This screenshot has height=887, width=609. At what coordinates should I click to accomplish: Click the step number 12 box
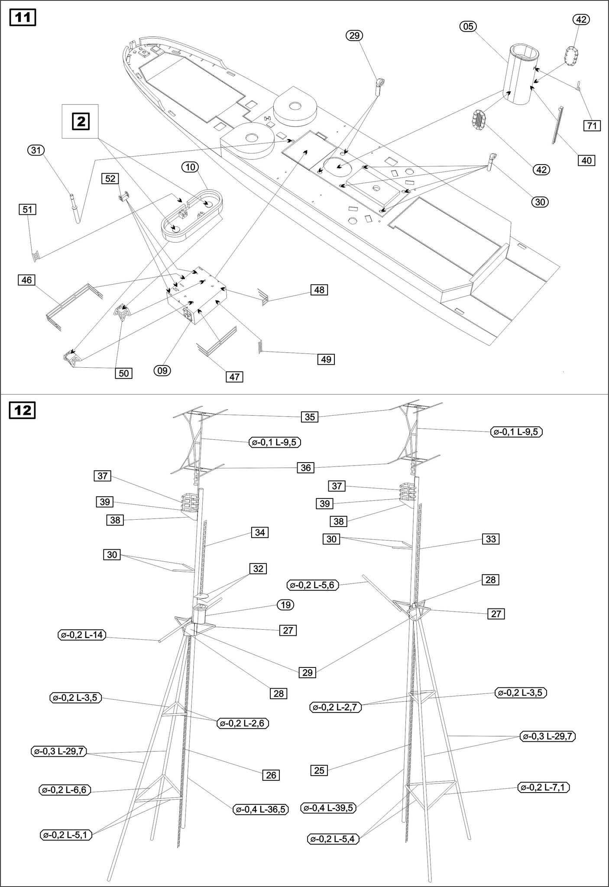(23, 410)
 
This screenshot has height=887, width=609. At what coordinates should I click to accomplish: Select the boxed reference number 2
(81, 121)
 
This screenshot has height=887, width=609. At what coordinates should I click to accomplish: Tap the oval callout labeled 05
(468, 26)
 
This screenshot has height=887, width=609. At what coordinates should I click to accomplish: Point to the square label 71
(592, 126)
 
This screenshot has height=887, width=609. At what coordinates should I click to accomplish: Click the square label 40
(586, 160)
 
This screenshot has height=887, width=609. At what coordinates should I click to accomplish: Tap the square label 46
(26, 280)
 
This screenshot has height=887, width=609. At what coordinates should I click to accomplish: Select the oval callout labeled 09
(162, 370)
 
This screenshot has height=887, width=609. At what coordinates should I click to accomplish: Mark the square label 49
(326, 359)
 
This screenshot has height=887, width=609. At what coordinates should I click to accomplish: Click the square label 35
(310, 417)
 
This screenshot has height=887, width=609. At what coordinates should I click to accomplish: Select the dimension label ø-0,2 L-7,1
(544, 787)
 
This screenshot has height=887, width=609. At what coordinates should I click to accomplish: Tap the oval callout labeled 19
(285, 605)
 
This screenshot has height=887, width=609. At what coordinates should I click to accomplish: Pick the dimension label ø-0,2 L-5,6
(313, 585)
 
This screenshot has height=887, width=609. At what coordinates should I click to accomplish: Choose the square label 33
(491, 539)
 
